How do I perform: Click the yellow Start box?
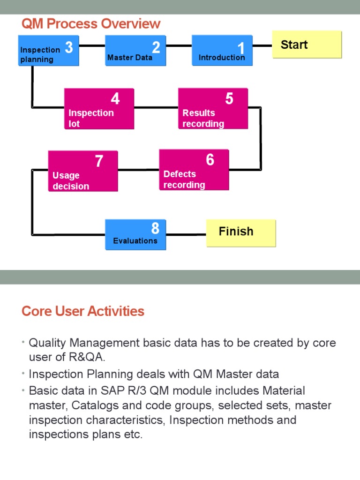(307, 45)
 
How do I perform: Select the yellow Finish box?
(241, 233)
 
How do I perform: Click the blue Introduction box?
(222, 51)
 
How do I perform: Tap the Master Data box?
(135, 51)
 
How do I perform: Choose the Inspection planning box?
(48, 51)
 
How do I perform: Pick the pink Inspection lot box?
(99, 109)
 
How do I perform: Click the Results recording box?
(213, 108)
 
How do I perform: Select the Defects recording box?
(194, 170)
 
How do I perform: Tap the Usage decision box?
(83, 171)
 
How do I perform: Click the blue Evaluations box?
(135, 234)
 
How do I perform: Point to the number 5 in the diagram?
(229, 99)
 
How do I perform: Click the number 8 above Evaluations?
(155, 228)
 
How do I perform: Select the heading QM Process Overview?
(91, 23)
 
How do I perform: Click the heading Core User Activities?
(83, 311)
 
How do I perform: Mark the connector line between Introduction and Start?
(262, 46)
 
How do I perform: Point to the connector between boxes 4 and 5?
(156, 107)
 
